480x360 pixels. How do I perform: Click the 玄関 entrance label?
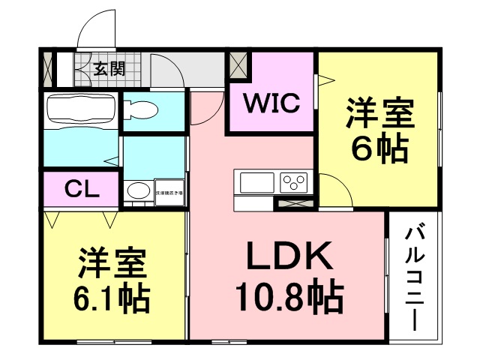[x=109, y=70]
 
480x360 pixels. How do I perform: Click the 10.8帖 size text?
[x=289, y=298]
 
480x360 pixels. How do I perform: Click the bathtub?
[x=79, y=111]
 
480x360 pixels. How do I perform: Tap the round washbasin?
[x=136, y=192]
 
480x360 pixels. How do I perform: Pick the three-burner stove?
[x=294, y=182]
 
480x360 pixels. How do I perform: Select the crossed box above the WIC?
[x=239, y=64]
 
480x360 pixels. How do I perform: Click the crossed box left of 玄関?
[x=48, y=68]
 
